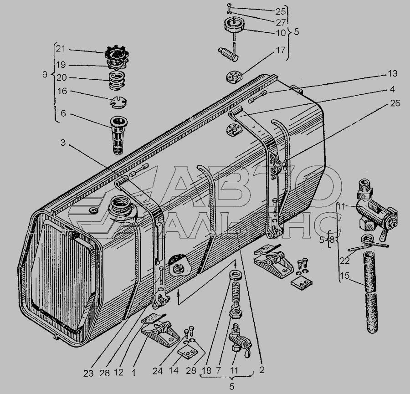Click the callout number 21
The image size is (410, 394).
coord(61,49)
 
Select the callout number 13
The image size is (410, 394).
coord(392,74)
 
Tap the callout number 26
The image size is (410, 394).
coord(395,103)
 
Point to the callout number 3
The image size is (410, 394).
coord(63,143)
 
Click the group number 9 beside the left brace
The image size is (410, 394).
coord(45,75)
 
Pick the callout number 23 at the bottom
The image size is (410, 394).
coord(88,374)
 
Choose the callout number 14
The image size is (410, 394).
coord(174,371)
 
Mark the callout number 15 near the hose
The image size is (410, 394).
coord(345,276)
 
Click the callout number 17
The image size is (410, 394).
coord(281,50)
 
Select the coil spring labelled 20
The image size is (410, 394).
coord(117,80)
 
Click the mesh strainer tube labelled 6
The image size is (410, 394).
coord(119,135)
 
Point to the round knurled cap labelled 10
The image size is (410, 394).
coord(234,24)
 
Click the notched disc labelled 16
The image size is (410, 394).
coord(118,102)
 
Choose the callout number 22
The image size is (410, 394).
coord(345,261)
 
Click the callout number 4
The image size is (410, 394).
coord(392,89)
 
